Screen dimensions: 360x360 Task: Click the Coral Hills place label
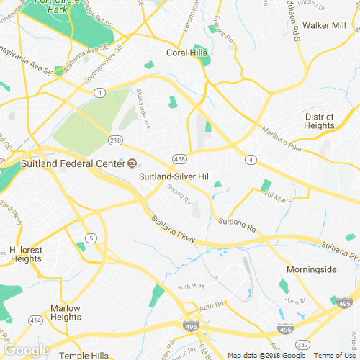pos(186,53)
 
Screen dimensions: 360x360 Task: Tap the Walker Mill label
pos(324,25)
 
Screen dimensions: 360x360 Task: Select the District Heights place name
pos(319,121)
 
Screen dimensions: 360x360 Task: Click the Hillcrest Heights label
pos(26,254)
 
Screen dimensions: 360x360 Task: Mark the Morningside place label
pos(311,269)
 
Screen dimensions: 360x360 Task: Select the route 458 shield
pos(179,158)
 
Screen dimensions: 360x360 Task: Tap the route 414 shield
pos(35,320)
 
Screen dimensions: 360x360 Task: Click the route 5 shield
pos(91,238)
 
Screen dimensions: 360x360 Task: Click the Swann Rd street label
pos(178,192)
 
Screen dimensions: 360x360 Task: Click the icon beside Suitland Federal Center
pos(132,163)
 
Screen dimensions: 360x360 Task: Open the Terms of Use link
pos(335,355)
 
